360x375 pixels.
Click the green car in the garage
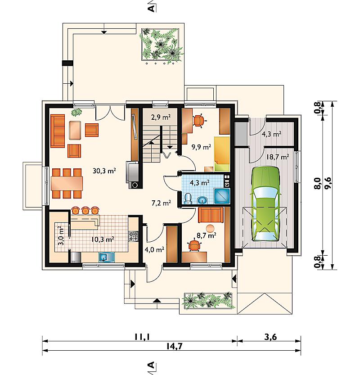pyautogui.click(x=265, y=203)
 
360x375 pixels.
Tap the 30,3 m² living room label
pyautogui.click(x=104, y=171)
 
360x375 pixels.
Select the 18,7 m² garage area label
pyautogui.click(x=278, y=157)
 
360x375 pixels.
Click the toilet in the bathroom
pyautogui.click(x=189, y=199)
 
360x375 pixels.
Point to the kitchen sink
pyautogui.click(x=107, y=258)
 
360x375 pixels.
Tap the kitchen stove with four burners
pyautogui.click(x=133, y=236)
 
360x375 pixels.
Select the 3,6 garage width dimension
pyautogui.click(x=270, y=337)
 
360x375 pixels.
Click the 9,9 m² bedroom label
pyautogui.click(x=201, y=147)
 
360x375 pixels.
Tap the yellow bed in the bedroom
pyautogui.click(x=222, y=154)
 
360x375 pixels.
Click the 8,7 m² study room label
pyautogui.click(x=206, y=235)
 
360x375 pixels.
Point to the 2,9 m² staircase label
pyautogui.click(x=161, y=117)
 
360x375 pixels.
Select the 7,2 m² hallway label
pyautogui.click(x=161, y=203)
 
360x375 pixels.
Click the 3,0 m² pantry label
pyautogui.click(x=61, y=235)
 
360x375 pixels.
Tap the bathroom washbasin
pyautogui.click(x=202, y=200)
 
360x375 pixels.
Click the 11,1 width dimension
pyautogui.click(x=142, y=337)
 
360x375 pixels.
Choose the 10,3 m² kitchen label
pyautogui.click(x=103, y=239)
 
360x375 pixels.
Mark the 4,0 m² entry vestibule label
pyautogui.click(x=154, y=250)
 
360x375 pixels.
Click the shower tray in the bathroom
pyautogui.click(x=221, y=196)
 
